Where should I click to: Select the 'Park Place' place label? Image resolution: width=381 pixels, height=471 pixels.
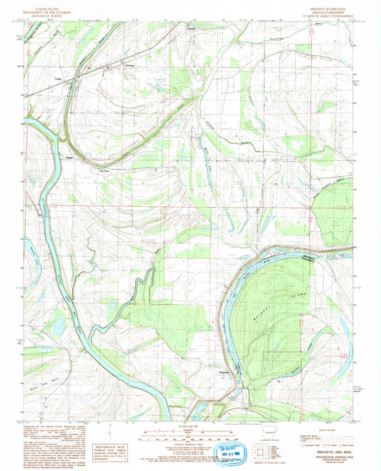coord(104,170)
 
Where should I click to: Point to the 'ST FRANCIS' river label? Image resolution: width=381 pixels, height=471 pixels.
coord(44,203)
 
